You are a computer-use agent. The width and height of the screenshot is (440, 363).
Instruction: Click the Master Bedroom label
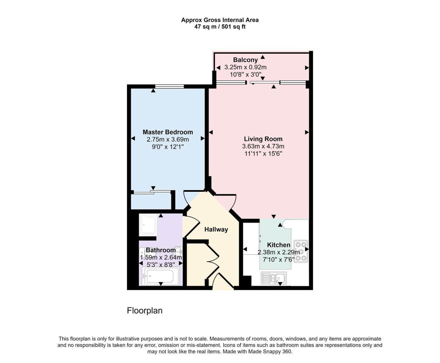point(168,132)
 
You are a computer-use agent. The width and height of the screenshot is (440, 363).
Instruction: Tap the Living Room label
point(263,139)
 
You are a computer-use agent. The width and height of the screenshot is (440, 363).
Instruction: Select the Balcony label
point(246,60)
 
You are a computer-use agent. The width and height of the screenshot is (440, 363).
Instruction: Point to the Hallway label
point(216,229)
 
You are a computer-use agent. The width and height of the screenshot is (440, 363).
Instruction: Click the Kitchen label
point(279,245)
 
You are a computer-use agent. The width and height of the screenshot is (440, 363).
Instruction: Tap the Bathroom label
point(161,250)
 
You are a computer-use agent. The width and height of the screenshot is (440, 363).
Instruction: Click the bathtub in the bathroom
point(161,276)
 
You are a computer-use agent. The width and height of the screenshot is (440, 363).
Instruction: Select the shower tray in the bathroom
point(148,224)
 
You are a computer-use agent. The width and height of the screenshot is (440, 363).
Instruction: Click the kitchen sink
point(274,278)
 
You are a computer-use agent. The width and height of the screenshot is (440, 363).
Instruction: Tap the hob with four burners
point(301,251)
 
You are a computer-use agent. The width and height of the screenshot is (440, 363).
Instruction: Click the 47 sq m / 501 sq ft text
point(220,27)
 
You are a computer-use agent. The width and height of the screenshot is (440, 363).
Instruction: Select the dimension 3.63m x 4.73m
point(263,146)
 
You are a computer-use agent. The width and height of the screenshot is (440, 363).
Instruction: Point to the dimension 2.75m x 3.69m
point(168,140)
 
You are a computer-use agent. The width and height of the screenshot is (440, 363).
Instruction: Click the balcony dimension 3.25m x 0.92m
point(246,67)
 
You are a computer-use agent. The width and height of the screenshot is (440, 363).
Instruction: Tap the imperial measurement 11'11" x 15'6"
point(263,153)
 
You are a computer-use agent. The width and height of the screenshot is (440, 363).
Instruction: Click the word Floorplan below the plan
point(145,311)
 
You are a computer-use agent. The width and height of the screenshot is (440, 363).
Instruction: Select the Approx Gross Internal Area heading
point(220,20)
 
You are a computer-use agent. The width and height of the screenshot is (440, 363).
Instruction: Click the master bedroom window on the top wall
point(170,86)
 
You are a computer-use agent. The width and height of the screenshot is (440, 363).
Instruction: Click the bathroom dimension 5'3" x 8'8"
point(161,264)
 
